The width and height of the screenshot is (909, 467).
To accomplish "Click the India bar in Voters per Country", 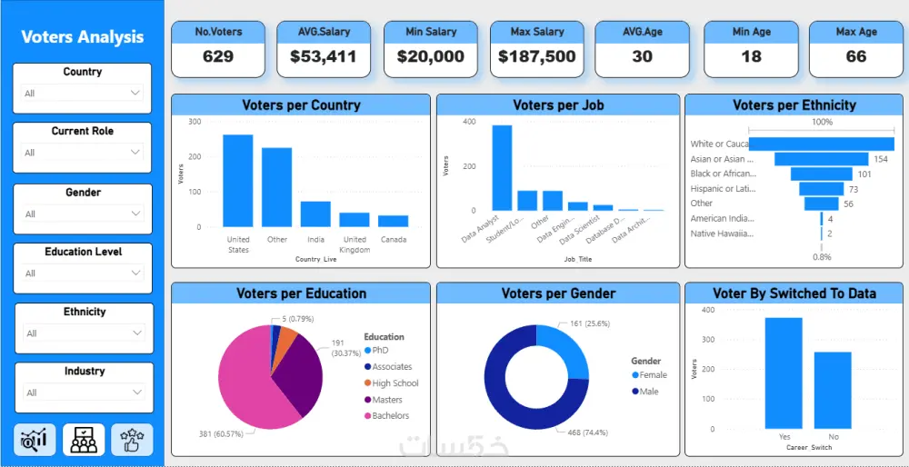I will (x=315, y=214).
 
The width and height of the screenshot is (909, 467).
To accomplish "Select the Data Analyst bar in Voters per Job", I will (x=502, y=168).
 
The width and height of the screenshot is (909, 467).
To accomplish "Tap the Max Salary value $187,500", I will (x=536, y=56).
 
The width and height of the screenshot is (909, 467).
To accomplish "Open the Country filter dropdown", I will (x=83, y=93).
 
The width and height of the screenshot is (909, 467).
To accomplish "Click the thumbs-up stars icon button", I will (x=132, y=440).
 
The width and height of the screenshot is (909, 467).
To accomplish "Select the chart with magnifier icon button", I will (x=35, y=440).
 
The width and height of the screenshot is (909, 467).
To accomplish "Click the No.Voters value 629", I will (x=218, y=56).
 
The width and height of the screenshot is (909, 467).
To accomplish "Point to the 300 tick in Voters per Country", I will (x=195, y=121).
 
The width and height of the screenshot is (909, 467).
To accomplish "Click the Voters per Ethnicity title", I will (x=794, y=105).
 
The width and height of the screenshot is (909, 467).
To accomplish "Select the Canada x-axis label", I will (x=394, y=240).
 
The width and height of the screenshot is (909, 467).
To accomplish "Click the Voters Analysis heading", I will (x=82, y=37).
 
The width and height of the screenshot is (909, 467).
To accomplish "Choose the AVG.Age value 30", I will (x=642, y=56).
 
